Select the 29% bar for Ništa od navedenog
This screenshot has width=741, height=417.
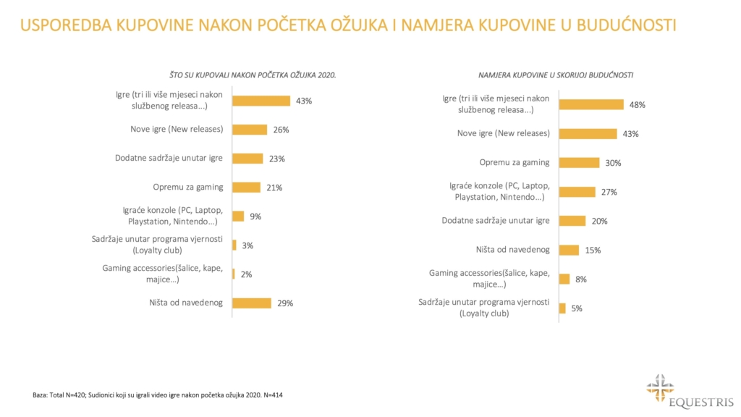251,303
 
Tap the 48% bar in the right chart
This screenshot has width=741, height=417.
591,105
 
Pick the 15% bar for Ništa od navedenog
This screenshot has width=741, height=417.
569,250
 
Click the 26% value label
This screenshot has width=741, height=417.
281,130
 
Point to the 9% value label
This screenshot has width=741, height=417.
255,216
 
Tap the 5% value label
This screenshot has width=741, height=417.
576,308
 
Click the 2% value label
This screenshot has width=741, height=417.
247,274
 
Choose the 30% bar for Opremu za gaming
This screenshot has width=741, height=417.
579,163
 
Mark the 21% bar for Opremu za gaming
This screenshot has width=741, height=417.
246,188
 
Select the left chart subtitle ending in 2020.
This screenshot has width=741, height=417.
253,75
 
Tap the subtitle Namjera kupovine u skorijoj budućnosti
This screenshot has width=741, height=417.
556,75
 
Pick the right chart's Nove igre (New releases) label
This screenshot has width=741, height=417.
504,134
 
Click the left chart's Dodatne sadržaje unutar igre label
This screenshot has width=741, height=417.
169,159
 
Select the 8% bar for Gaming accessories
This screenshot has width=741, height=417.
564,279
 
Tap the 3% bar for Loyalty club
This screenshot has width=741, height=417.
234,245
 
